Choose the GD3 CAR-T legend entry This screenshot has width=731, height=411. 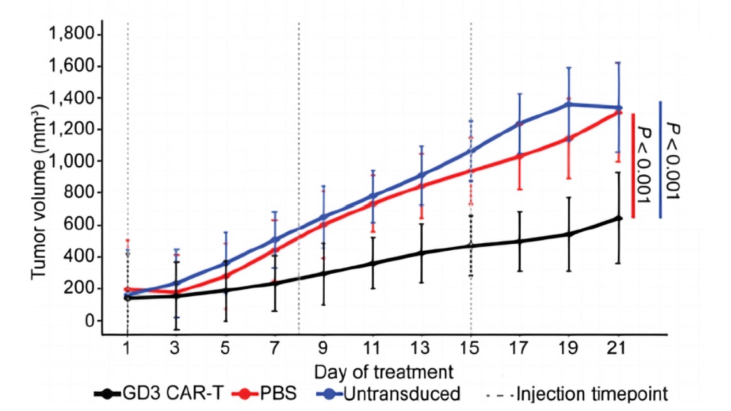[x=159, y=394]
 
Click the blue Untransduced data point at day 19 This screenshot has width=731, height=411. [x=568, y=103]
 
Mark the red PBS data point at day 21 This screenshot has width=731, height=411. [x=618, y=112]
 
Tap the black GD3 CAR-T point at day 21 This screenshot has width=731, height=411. [x=618, y=218]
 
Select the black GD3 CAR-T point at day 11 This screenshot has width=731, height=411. [x=373, y=264]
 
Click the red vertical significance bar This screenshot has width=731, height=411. [x=633, y=165]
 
